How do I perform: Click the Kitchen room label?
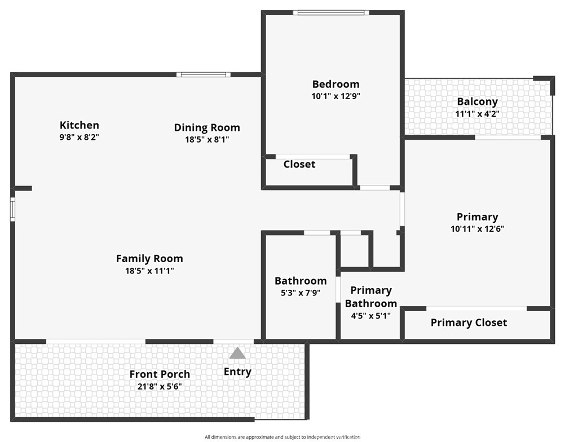[80, 125]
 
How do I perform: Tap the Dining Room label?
[207, 128]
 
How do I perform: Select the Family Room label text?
[149, 259]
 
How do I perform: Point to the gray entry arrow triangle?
[237, 353]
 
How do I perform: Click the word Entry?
[237, 372]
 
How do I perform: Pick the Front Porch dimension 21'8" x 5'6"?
[160, 387]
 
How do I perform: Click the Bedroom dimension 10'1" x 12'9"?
[336, 96]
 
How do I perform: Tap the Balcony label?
[477, 102]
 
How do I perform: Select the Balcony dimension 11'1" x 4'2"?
[477, 114]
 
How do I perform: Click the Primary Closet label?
[469, 322]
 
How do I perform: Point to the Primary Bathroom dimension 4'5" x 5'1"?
[371, 316]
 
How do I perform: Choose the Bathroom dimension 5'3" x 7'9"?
[301, 293]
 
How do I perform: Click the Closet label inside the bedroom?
[299, 165]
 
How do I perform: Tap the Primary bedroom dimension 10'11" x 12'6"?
[477, 229]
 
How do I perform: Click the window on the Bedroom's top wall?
[332, 12]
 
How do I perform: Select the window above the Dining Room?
[203, 74]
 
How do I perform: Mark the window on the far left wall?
[12, 207]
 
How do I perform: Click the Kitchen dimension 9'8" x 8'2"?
[80, 137]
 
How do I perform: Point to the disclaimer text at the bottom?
[282, 437]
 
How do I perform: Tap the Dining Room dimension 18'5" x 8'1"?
[207, 140]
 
